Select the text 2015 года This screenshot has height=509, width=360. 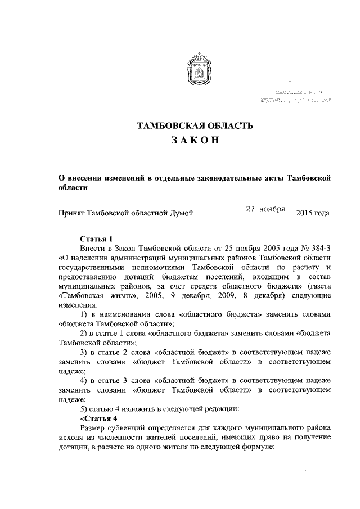tap(312, 213)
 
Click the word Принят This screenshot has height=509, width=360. tap(73, 213)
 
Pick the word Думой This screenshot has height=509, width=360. tap(182, 213)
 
